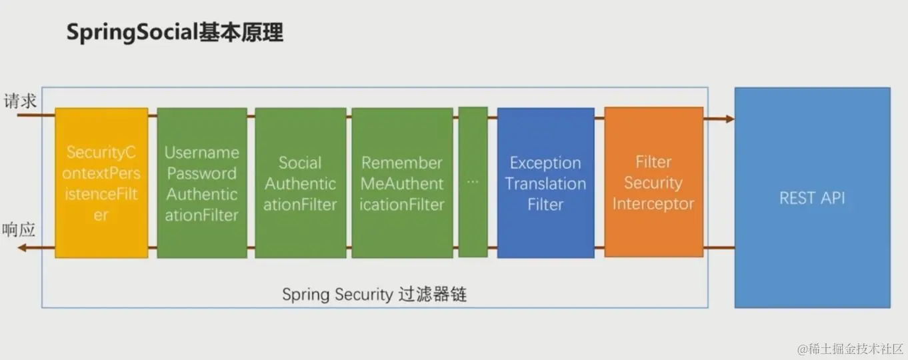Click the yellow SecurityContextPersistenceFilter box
point(101,183)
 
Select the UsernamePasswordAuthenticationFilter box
point(202,183)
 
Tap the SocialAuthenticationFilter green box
point(300,183)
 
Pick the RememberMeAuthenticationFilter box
point(402,183)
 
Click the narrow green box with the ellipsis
point(473,182)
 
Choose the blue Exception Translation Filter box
point(545,183)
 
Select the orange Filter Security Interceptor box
point(653,182)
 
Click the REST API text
point(812,198)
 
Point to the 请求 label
point(20,102)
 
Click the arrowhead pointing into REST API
point(729,119)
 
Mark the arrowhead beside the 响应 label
point(22,248)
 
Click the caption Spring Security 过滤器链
point(374,295)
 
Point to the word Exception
point(545,163)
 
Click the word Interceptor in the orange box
point(653,203)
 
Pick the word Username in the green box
point(202,153)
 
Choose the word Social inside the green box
point(300,163)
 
